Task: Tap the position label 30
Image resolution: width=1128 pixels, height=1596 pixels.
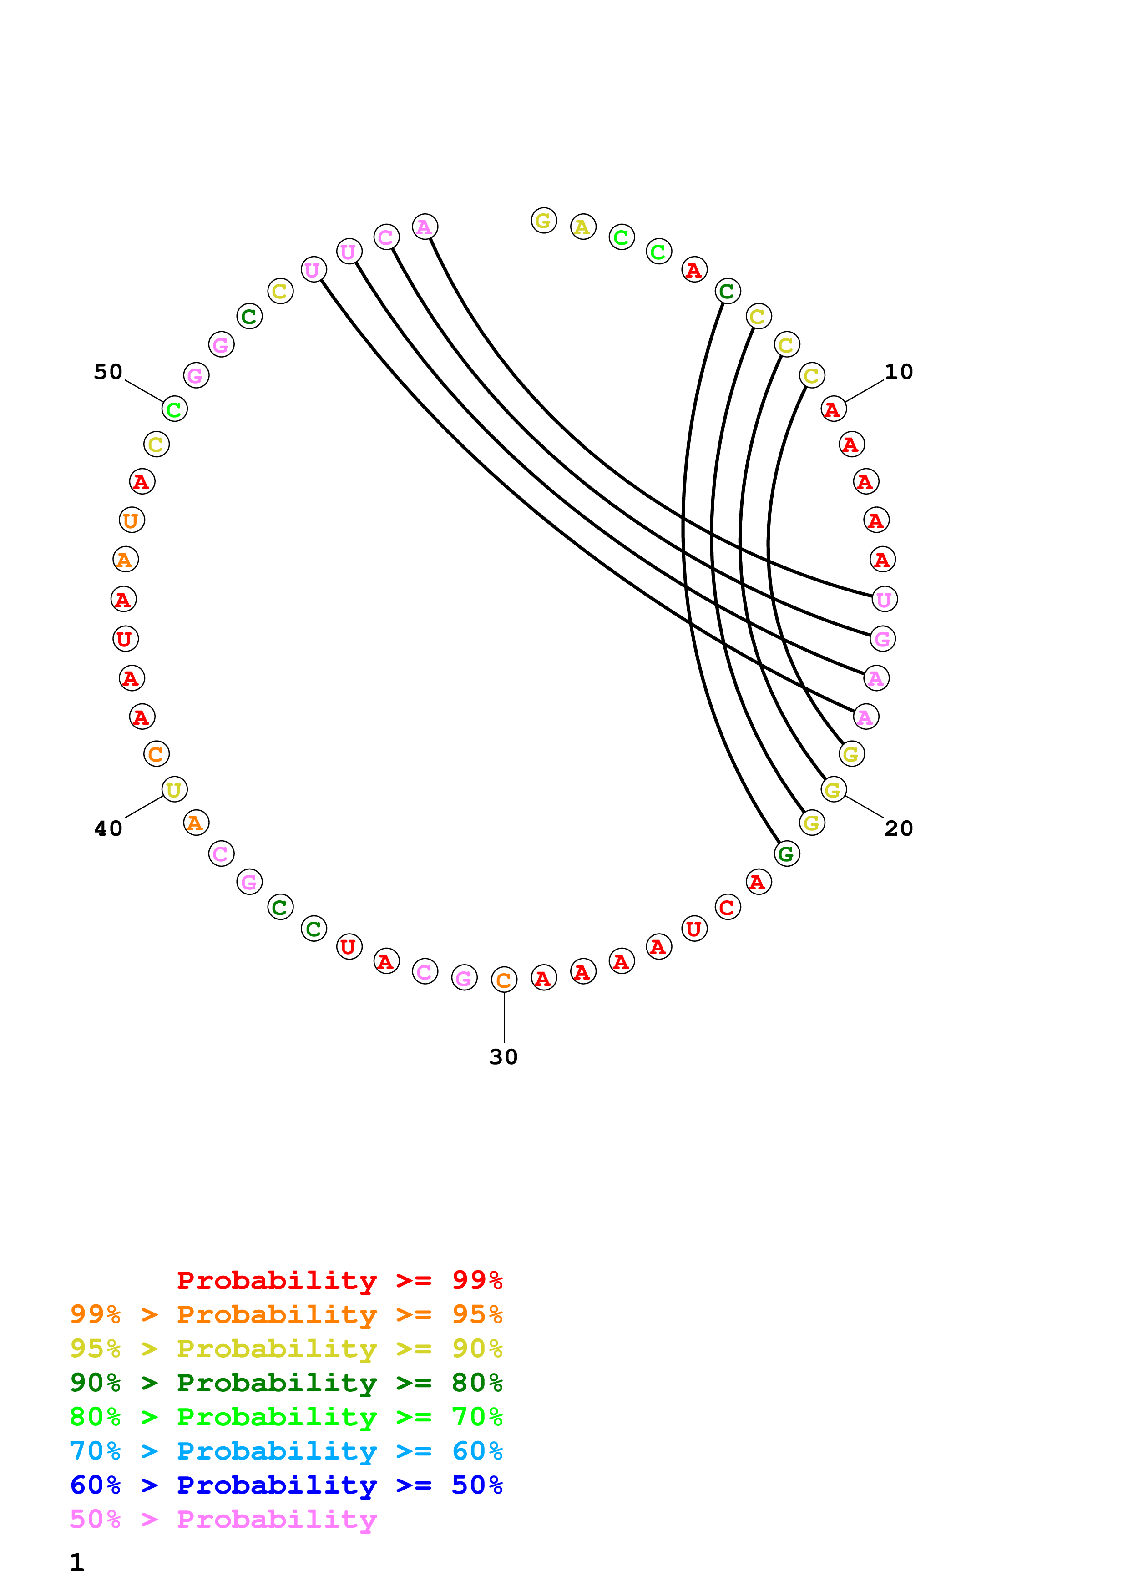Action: pyautogui.click(x=503, y=1056)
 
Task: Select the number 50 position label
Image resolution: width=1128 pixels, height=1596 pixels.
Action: pyautogui.click(x=108, y=372)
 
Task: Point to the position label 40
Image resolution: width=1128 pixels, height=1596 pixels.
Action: pyautogui.click(x=108, y=828)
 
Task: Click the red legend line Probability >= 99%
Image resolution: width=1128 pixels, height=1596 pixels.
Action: pyautogui.click(x=339, y=1280)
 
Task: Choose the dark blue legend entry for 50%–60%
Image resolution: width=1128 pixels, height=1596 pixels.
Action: pyautogui.click(x=286, y=1485)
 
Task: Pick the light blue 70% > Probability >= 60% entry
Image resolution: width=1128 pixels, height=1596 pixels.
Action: pyautogui.click(x=286, y=1451)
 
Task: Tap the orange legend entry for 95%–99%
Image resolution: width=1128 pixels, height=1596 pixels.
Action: pyautogui.click(x=286, y=1314)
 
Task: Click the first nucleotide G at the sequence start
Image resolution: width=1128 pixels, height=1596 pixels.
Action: pyautogui.click(x=543, y=221)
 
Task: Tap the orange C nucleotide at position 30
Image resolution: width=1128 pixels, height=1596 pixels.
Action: pyautogui.click(x=504, y=980)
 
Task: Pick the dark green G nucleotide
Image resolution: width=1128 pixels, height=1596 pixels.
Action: pyautogui.click(x=787, y=854)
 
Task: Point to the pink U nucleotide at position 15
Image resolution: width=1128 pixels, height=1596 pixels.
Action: pyautogui.click(x=884, y=599)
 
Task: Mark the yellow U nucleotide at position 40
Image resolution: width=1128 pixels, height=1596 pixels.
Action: pyautogui.click(x=174, y=790)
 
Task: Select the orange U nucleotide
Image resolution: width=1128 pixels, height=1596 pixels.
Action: pyautogui.click(x=132, y=520)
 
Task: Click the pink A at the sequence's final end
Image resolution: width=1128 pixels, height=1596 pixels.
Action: pyautogui.click(x=425, y=227)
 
